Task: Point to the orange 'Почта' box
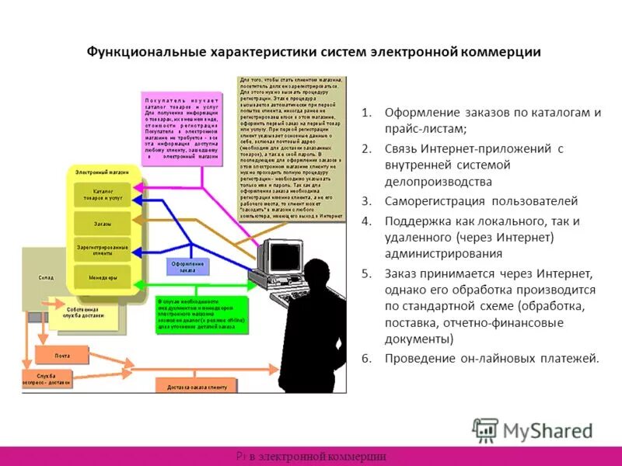tap(62, 356)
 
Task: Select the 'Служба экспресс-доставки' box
tap(47, 380)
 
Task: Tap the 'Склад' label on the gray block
tap(46, 276)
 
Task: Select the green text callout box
tap(201, 315)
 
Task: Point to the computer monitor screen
tap(274, 254)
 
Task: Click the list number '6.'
tap(366, 358)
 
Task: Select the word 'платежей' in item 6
tap(571, 358)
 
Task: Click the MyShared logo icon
tap(485, 430)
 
